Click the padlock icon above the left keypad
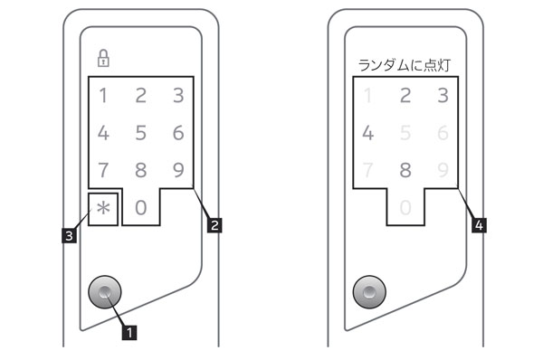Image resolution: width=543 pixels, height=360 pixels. (103, 60)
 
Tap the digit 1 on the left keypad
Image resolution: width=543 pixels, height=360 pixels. (103, 96)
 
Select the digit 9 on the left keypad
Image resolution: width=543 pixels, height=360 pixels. (178, 169)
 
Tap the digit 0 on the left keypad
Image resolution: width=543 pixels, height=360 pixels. (140, 206)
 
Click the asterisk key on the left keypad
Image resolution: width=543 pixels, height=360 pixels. (103, 207)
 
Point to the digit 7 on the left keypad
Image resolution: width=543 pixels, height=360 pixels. (103, 169)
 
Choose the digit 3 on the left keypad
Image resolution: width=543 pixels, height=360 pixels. (178, 96)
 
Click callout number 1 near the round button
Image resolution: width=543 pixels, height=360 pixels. (131, 332)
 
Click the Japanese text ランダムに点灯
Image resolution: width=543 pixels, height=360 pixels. (405, 65)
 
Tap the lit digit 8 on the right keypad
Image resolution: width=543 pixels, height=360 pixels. (405, 169)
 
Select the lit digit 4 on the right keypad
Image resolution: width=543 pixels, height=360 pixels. (367, 133)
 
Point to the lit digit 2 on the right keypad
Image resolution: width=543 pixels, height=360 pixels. (405, 96)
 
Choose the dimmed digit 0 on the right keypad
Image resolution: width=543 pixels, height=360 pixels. (405, 206)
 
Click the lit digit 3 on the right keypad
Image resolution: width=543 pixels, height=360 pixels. (443, 96)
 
